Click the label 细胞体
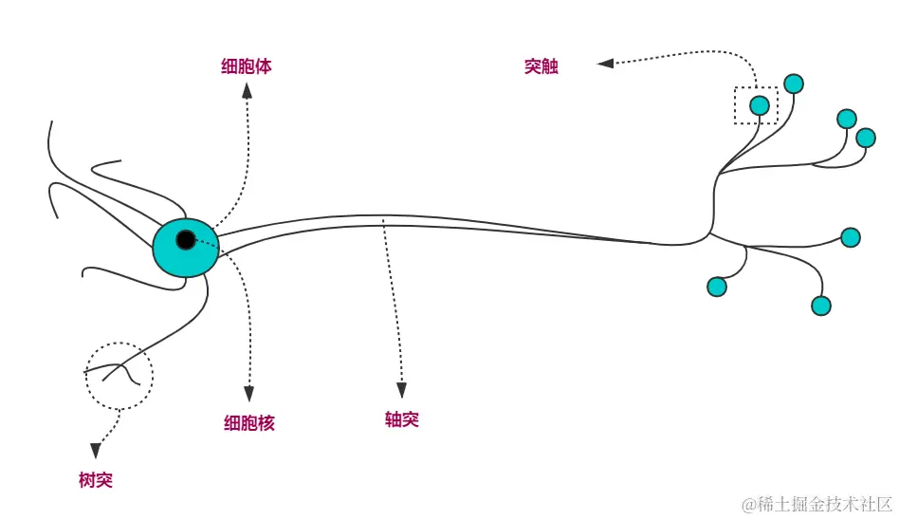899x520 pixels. click(247, 66)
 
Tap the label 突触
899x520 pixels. click(541, 66)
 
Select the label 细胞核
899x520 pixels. click(249, 423)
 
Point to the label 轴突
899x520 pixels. click(402, 419)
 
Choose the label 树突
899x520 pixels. click(96, 480)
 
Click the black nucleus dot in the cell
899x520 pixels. click(186, 239)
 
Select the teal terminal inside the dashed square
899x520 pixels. click(760, 105)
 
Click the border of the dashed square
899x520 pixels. click(736, 105)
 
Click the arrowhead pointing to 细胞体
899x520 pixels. click(247, 90)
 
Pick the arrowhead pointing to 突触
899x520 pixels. click(605, 64)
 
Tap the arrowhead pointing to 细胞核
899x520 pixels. click(249, 393)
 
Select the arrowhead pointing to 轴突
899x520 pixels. click(402, 389)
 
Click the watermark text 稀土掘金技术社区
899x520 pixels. click(824, 504)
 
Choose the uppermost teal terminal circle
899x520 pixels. click(794, 84)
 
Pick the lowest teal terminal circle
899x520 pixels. click(821, 306)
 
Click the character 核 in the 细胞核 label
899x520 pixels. click(266, 423)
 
